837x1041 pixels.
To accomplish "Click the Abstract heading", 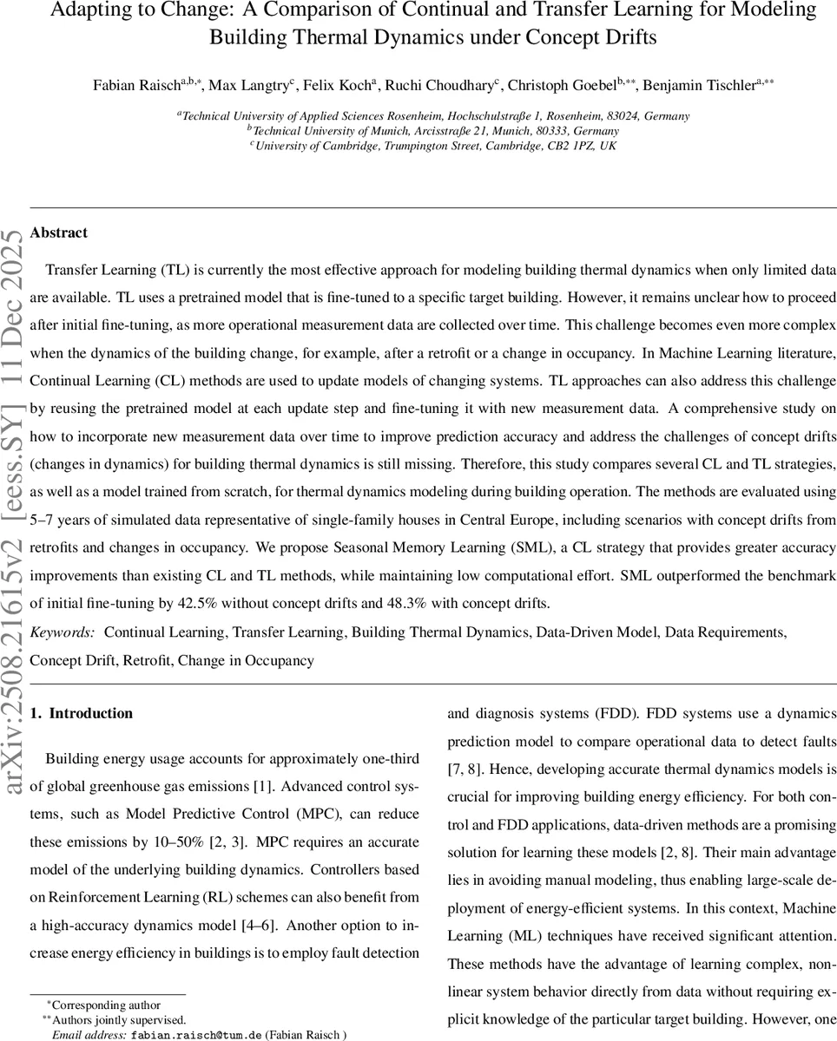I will pos(58,232).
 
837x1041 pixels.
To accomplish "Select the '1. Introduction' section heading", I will pos(81,713).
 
